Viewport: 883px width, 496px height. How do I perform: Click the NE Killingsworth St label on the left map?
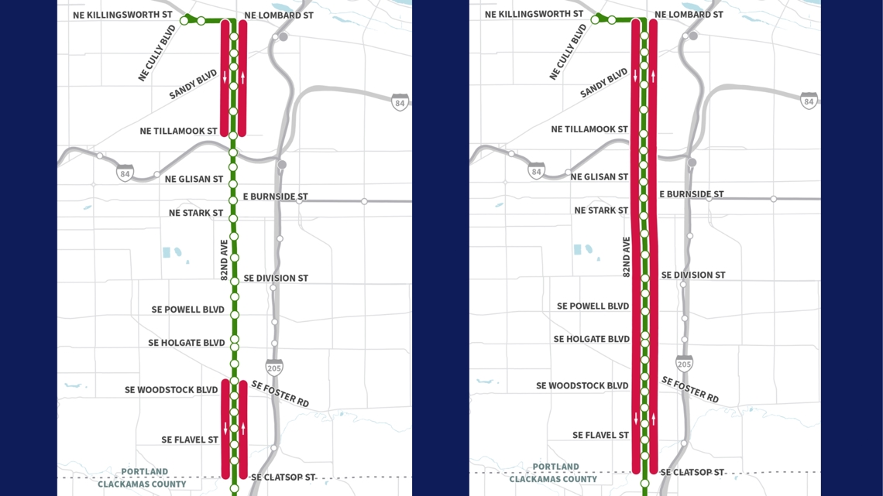122,15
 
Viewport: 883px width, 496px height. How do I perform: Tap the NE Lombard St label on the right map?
689,15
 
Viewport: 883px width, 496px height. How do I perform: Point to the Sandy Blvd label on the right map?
604,83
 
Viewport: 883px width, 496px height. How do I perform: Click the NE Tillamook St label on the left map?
178,131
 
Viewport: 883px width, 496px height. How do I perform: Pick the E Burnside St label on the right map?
691,194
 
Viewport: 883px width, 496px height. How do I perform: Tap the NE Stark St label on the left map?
196,213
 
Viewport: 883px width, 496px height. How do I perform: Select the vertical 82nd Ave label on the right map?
627,257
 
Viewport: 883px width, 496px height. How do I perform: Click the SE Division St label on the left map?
276,278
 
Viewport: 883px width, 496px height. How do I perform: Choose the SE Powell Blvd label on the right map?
593,306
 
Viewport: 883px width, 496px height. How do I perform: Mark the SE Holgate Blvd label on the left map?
187,343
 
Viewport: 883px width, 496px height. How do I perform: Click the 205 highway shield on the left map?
274,367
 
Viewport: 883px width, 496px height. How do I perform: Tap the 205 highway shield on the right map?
684,363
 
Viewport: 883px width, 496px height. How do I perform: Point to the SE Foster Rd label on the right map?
689,389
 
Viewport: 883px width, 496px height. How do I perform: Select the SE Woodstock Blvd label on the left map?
171,390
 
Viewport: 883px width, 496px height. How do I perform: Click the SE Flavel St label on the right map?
600,436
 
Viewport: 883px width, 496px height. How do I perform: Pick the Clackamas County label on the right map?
553,479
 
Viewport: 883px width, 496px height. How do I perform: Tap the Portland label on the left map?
144,471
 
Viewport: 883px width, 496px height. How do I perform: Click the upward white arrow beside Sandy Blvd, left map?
243,77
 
